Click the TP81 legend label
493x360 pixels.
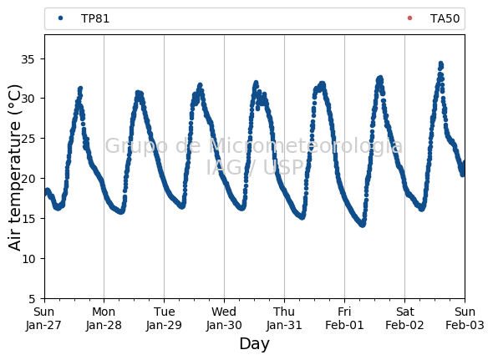[x=95, y=18]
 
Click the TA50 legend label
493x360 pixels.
[x=445, y=18]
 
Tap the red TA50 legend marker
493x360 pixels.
[x=409, y=18]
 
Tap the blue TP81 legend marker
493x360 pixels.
[x=61, y=18]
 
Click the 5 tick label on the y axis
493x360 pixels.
[x=32, y=299]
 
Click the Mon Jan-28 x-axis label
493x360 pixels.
[x=104, y=318]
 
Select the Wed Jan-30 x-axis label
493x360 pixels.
[x=224, y=318]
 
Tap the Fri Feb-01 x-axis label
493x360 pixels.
[x=344, y=318]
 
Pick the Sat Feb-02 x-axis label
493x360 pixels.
[x=404, y=318]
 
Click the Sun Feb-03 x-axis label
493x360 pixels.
[x=465, y=318]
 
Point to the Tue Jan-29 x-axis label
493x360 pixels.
[x=164, y=318]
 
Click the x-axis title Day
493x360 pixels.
[x=254, y=344]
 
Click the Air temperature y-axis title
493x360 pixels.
[x=14, y=168]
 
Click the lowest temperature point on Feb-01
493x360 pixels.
[x=363, y=225]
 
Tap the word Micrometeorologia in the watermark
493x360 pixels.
[x=305, y=146]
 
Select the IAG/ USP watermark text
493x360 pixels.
[x=255, y=167]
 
